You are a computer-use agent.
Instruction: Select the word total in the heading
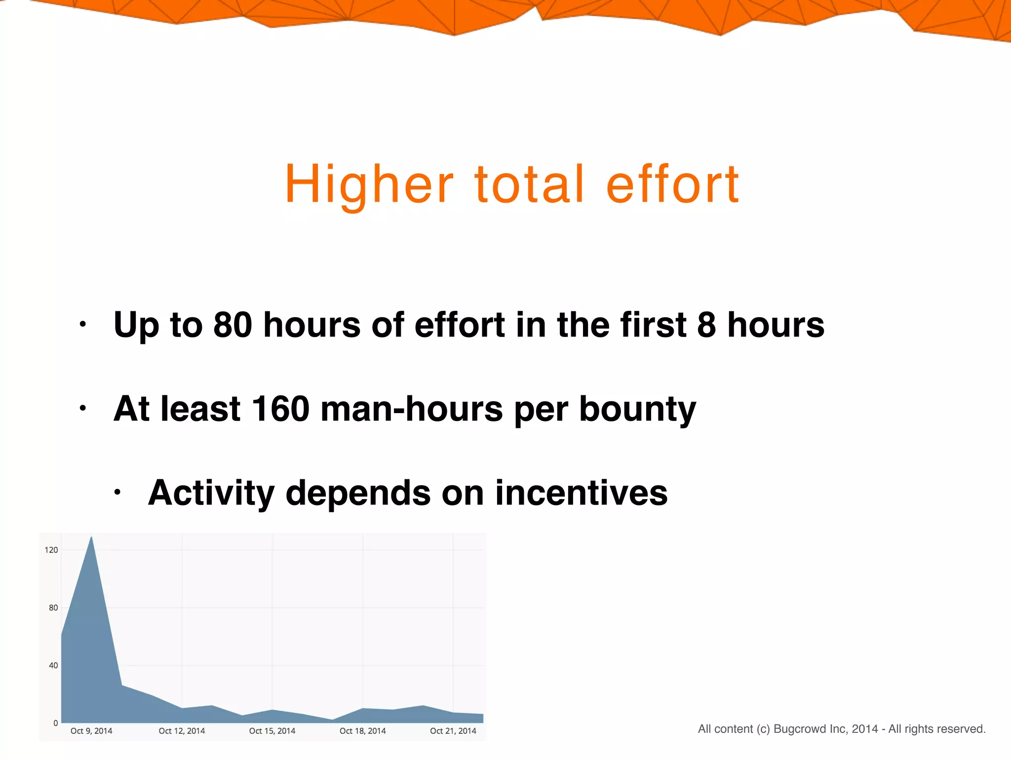tap(530, 185)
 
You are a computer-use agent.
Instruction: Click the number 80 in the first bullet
tap(233, 325)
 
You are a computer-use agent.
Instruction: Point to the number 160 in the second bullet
tap(280, 409)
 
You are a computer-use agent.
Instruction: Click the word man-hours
tap(411, 409)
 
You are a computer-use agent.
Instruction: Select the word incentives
tap(581, 493)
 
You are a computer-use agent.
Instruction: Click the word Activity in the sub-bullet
tap(211, 493)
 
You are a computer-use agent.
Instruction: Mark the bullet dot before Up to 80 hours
tap(83, 325)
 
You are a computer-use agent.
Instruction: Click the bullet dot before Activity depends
tap(117, 492)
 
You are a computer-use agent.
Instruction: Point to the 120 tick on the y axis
tap(51, 550)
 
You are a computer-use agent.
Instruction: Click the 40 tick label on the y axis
tap(53, 665)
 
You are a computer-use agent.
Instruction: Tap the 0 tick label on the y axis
tap(55, 723)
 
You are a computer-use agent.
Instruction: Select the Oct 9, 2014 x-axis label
tap(91, 731)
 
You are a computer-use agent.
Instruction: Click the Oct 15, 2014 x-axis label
tap(272, 731)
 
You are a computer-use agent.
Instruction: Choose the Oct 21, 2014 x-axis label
tap(453, 731)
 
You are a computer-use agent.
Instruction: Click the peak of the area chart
tap(91, 538)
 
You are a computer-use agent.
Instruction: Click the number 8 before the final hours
tap(706, 325)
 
